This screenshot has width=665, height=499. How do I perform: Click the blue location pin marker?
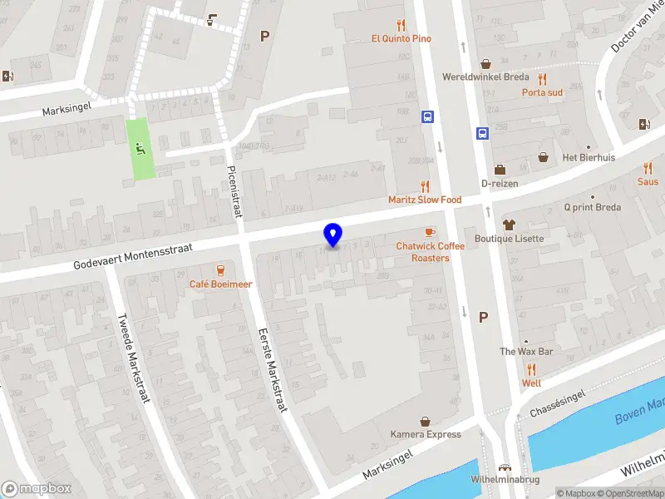(x=332, y=235)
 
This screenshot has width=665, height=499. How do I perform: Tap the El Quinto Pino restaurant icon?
(x=401, y=24)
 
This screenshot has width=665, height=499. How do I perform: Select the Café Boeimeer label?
(x=220, y=284)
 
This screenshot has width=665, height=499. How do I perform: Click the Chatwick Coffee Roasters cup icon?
(x=429, y=232)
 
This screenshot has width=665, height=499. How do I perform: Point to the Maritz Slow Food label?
(x=425, y=200)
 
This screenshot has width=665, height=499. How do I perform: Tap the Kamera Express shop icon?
(x=426, y=421)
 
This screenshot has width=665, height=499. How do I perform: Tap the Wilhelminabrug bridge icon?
(x=502, y=467)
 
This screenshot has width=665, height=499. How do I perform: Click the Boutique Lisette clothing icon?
(x=509, y=224)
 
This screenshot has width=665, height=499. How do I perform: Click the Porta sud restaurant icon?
(x=542, y=78)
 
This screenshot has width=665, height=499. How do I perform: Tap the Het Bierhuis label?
(x=589, y=158)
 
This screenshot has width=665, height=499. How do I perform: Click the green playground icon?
(x=140, y=150)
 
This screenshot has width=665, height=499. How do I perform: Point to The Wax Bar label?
(x=525, y=352)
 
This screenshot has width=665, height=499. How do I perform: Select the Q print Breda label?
(x=593, y=207)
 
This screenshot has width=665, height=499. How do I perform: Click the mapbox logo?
(x=36, y=489)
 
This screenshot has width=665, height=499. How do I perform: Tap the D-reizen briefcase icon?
(x=500, y=170)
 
